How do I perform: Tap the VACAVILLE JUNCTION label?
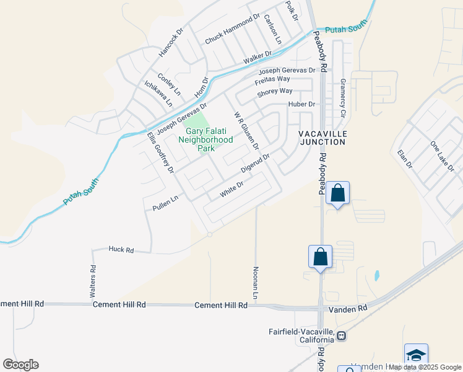[x=322, y=138]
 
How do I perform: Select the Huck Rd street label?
[x=121, y=249]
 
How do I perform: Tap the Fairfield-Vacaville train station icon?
[x=341, y=335]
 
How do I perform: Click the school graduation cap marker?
[x=416, y=355]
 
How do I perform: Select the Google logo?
[x=20, y=365]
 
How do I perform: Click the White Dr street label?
[x=233, y=189]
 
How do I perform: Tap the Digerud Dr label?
[x=256, y=164]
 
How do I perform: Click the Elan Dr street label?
[x=405, y=159]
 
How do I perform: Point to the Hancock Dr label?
[x=172, y=42]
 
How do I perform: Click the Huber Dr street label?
[x=302, y=104]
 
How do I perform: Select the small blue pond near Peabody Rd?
[x=376, y=275]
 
